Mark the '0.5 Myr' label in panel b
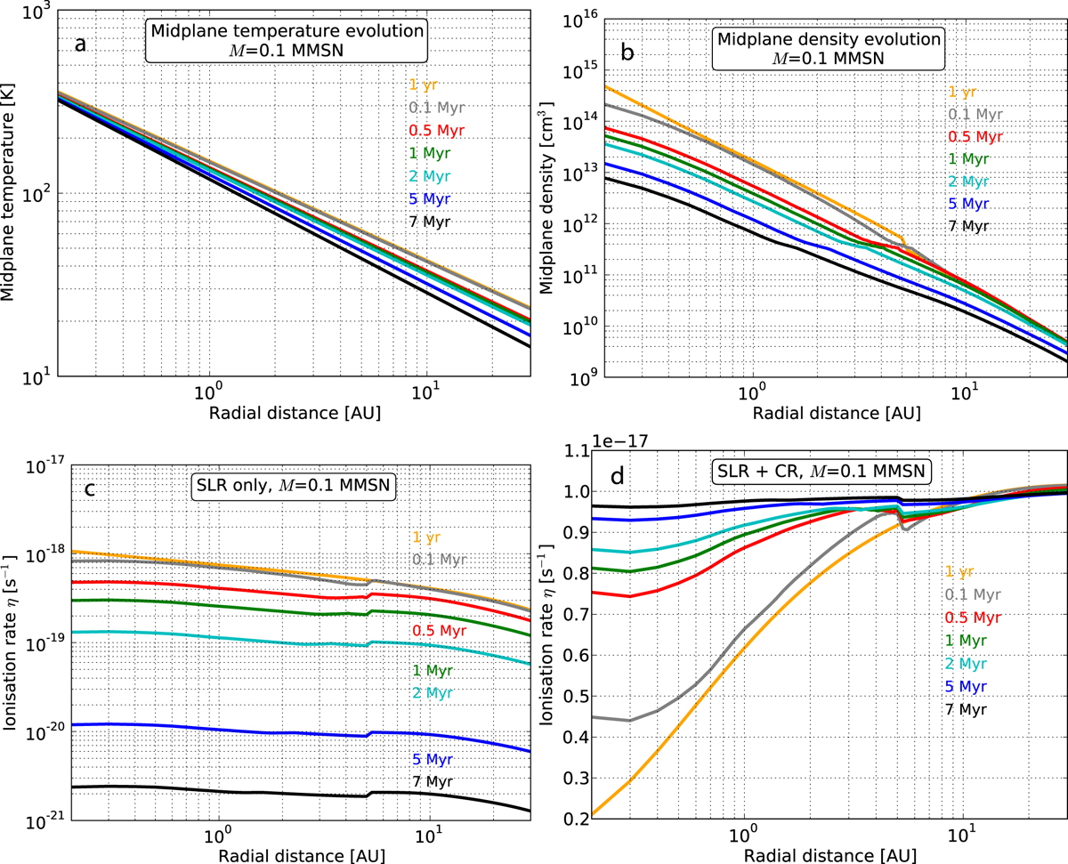(968, 137)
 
